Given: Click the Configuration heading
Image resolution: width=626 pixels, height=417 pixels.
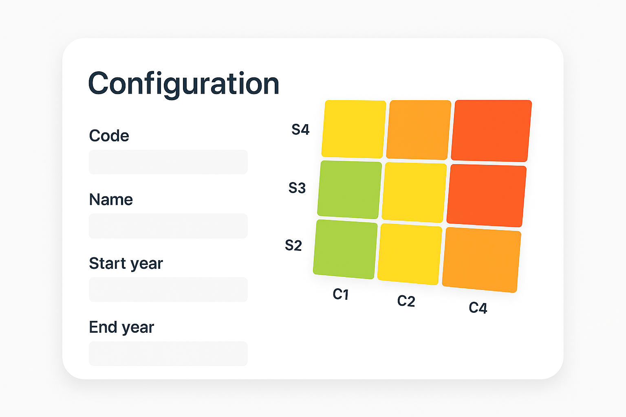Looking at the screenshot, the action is tap(184, 84).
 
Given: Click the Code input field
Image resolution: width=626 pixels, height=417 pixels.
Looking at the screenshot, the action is tap(168, 162).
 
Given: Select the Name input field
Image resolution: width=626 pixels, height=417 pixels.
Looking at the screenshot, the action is tap(168, 226).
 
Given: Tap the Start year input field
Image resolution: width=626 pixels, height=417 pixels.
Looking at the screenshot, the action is tap(168, 290).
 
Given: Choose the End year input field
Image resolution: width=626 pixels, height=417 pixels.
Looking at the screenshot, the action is tap(168, 353).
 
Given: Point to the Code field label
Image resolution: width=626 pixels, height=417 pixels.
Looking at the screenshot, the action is tap(109, 136).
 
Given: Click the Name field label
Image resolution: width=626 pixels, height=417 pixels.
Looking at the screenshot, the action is tap(111, 200).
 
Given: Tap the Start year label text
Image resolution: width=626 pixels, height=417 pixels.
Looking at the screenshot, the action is tap(126, 263).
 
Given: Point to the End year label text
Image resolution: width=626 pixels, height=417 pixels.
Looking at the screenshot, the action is tap(121, 327).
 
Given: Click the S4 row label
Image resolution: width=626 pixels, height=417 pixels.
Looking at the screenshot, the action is tap(300, 129).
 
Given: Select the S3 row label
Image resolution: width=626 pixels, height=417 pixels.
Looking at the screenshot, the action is tap(297, 188).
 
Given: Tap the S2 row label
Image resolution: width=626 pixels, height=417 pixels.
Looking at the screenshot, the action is tap(293, 245).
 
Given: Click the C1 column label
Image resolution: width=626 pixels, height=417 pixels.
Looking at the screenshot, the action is tap(341, 294).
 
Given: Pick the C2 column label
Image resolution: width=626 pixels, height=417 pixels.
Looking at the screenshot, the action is tap(406, 301).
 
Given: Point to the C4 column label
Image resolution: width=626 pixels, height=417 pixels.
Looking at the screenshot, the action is tap(478, 308).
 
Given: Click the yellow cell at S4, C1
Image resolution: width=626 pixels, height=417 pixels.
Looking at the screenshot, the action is tap(354, 129).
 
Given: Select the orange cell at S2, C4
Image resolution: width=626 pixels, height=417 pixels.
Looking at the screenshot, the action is tap(481, 260).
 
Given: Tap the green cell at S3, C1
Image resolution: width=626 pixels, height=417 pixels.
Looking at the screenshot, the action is tap(350, 190).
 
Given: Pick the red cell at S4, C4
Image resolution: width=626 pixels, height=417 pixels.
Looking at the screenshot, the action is tap(491, 131).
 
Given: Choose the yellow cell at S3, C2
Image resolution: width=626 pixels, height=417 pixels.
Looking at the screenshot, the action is tap(414, 193).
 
